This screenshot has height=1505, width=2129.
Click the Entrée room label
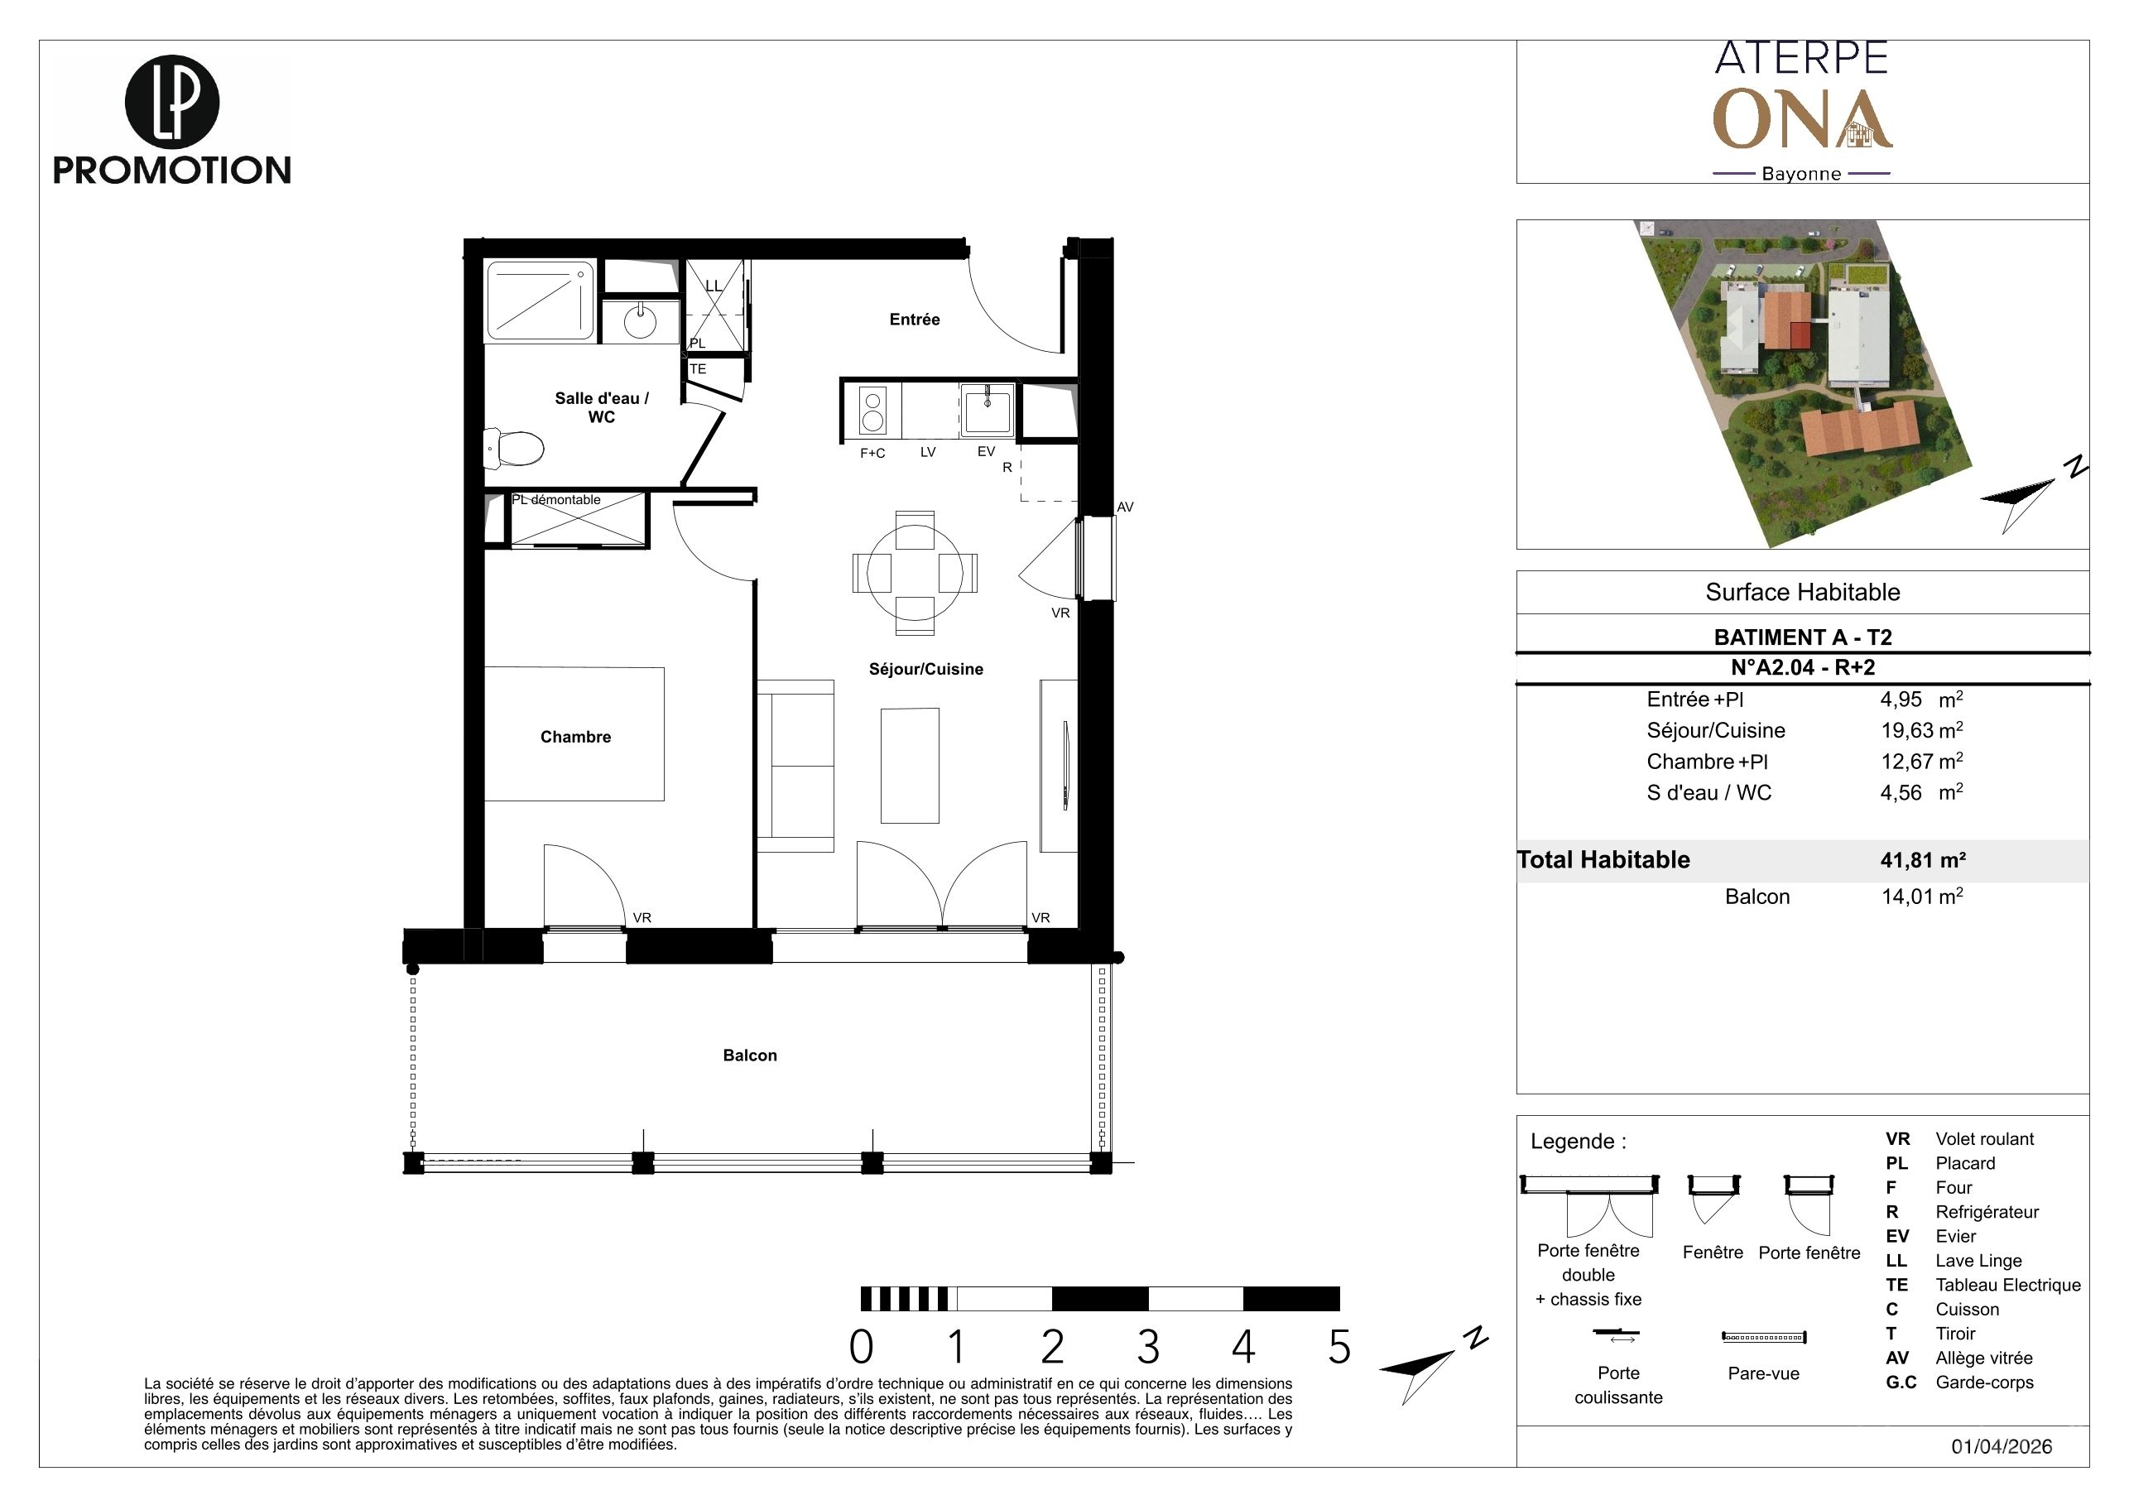click(915, 319)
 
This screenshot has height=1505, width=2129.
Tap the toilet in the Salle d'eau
click(515, 450)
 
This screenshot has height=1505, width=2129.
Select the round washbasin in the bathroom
click(640, 321)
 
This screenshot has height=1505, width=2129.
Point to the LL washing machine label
click(713, 286)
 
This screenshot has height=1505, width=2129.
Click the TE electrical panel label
click(699, 369)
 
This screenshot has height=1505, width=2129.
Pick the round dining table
click(916, 573)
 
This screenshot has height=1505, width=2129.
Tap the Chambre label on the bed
click(576, 738)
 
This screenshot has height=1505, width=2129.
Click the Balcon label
click(750, 1055)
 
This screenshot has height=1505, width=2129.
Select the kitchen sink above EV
click(987, 410)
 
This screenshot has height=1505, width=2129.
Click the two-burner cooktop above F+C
click(872, 411)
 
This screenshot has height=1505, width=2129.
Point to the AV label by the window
click(1125, 507)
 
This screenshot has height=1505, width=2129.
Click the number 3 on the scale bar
click(1148, 1348)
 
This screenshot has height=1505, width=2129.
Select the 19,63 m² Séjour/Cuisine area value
click(1921, 731)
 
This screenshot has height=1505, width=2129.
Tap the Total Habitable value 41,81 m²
click(1923, 859)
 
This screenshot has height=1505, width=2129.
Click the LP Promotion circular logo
click(172, 102)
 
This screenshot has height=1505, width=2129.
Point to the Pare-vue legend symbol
click(1764, 1337)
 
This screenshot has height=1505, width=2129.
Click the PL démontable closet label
click(556, 500)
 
